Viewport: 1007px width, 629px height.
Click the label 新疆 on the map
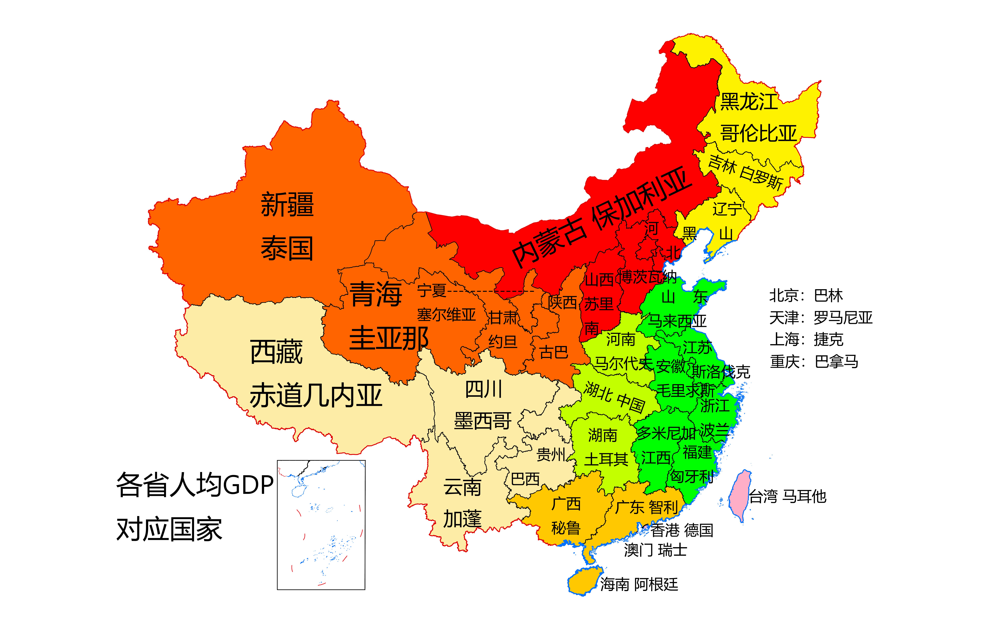click(x=287, y=205)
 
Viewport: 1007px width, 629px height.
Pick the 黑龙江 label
click(x=749, y=102)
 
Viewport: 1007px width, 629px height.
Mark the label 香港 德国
click(x=682, y=530)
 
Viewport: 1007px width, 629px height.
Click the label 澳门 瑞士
click(x=655, y=550)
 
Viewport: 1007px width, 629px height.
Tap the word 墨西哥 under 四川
click(x=483, y=421)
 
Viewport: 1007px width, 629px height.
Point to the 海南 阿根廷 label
click(x=639, y=584)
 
